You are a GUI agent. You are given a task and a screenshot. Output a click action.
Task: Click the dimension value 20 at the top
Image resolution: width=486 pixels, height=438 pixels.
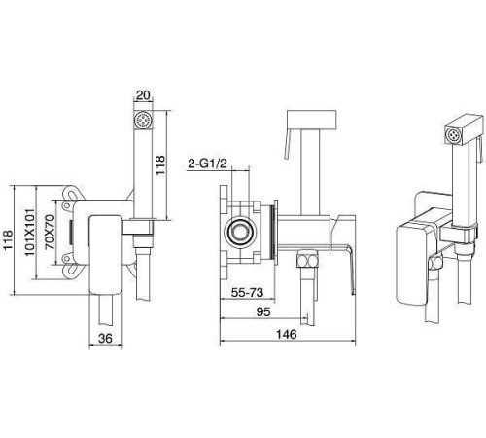(x=143, y=95)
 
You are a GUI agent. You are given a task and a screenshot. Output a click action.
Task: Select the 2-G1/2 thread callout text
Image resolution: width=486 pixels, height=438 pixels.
(x=207, y=164)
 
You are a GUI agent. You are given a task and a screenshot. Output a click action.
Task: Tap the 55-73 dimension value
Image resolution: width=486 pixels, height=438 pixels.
(x=247, y=293)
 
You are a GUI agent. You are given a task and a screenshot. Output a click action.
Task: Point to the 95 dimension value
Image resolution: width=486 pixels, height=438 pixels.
(x=263, y=311)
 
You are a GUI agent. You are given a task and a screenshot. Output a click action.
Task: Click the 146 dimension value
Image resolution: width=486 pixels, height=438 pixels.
(x=286, y=334)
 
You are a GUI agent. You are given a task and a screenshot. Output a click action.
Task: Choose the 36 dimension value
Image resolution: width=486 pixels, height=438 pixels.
(x=105, y=339)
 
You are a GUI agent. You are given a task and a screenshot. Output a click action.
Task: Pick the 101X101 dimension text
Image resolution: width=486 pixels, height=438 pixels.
(x=30, y=232)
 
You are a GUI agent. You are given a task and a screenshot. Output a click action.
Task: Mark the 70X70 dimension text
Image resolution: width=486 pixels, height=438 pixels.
(x=50, y=232)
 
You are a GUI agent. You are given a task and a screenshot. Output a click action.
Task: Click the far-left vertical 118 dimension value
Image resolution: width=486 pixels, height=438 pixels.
(x=7, y=239)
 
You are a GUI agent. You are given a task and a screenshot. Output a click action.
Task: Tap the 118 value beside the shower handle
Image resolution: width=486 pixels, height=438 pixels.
(x=160, y=164)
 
